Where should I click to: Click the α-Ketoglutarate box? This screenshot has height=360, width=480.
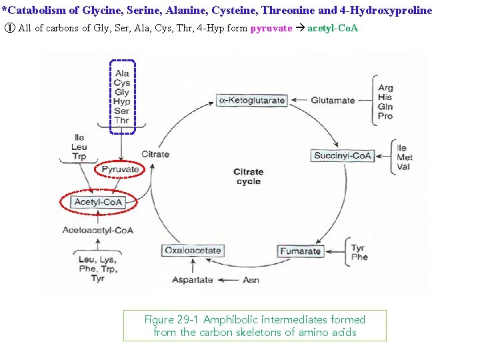tap(251, 101)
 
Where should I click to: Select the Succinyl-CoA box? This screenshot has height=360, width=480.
tap(342, 156)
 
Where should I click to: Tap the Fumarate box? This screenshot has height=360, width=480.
tap(300, 251)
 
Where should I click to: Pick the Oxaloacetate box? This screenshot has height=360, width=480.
tap(192, 251)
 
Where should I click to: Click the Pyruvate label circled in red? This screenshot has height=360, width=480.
tap(121, 169)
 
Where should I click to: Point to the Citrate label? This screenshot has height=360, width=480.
tap(155, 154)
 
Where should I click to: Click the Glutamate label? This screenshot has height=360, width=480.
tap(333, 101)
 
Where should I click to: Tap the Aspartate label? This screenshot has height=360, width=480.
tap(193, 280)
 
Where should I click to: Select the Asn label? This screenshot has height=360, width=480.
tap(251, 280)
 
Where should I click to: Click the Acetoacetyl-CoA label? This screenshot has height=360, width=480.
tap(98, 230)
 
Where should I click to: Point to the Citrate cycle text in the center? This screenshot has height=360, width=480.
tap(248, 177)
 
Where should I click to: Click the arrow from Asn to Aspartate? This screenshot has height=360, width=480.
tap(228, 280)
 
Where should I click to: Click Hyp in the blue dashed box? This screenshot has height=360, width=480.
tap(122, 102)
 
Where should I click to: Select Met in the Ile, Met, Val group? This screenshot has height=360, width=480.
tap(404, 157)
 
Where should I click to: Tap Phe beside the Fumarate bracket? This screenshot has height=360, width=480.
tap(359, 257)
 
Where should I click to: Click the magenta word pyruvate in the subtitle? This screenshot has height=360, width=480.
tap(271, 29)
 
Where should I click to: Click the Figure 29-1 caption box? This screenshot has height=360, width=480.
tap(255, 325)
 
